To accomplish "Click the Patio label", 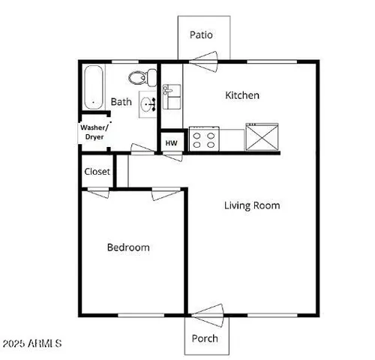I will [x=201, y=34].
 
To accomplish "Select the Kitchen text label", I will [x=243, y=95].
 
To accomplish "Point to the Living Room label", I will [x=252, y=205].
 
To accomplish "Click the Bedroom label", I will [x=127, y=247].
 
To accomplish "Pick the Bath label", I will [x=121, y=101].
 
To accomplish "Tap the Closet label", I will [x=97, y=172].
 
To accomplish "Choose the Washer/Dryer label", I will [x=95, y=132].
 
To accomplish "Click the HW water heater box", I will [x=172, y=142].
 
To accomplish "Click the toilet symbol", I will [x=141, y=76].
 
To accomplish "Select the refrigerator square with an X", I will [x=262, y=137].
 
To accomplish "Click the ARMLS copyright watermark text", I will [x=31, y=344].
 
